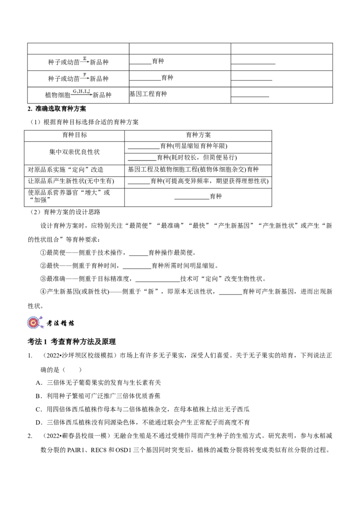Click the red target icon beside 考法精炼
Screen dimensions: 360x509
pyautogui.click(x=34, y=322)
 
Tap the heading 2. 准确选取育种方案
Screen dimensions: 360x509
pyautogui.click(x=57, y=109)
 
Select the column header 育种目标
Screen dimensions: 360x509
pyautogui.click(x=75, y=135)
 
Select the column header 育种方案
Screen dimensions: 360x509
pyautogui.click(x=198, y=135)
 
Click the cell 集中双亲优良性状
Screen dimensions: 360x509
pyautogui.click(x=74, y=152)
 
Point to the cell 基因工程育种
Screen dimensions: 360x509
pyautogui.click(x=148, y=94)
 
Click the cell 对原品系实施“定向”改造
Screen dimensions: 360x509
pyautogui.click(x=66, y=170)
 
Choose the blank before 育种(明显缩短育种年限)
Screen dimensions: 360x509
pyautogui.click(x=144, y=149)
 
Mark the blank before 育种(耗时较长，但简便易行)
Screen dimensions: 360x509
pyautogui.click(x=142, y=160)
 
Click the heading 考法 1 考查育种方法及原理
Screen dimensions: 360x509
pyautogui.click(x=72, y=341)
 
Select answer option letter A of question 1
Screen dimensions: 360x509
pyautogui.click(x=39, y=383)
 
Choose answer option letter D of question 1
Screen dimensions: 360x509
pyautogui.click(x=39, y=423)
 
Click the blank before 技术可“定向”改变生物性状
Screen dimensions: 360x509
pyautogui.click(x=157, y=281)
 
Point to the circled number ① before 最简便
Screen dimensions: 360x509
pyautogui.click(x=43, y=253)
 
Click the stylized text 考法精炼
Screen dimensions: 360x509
pyautogui.click(x=60, y=323)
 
